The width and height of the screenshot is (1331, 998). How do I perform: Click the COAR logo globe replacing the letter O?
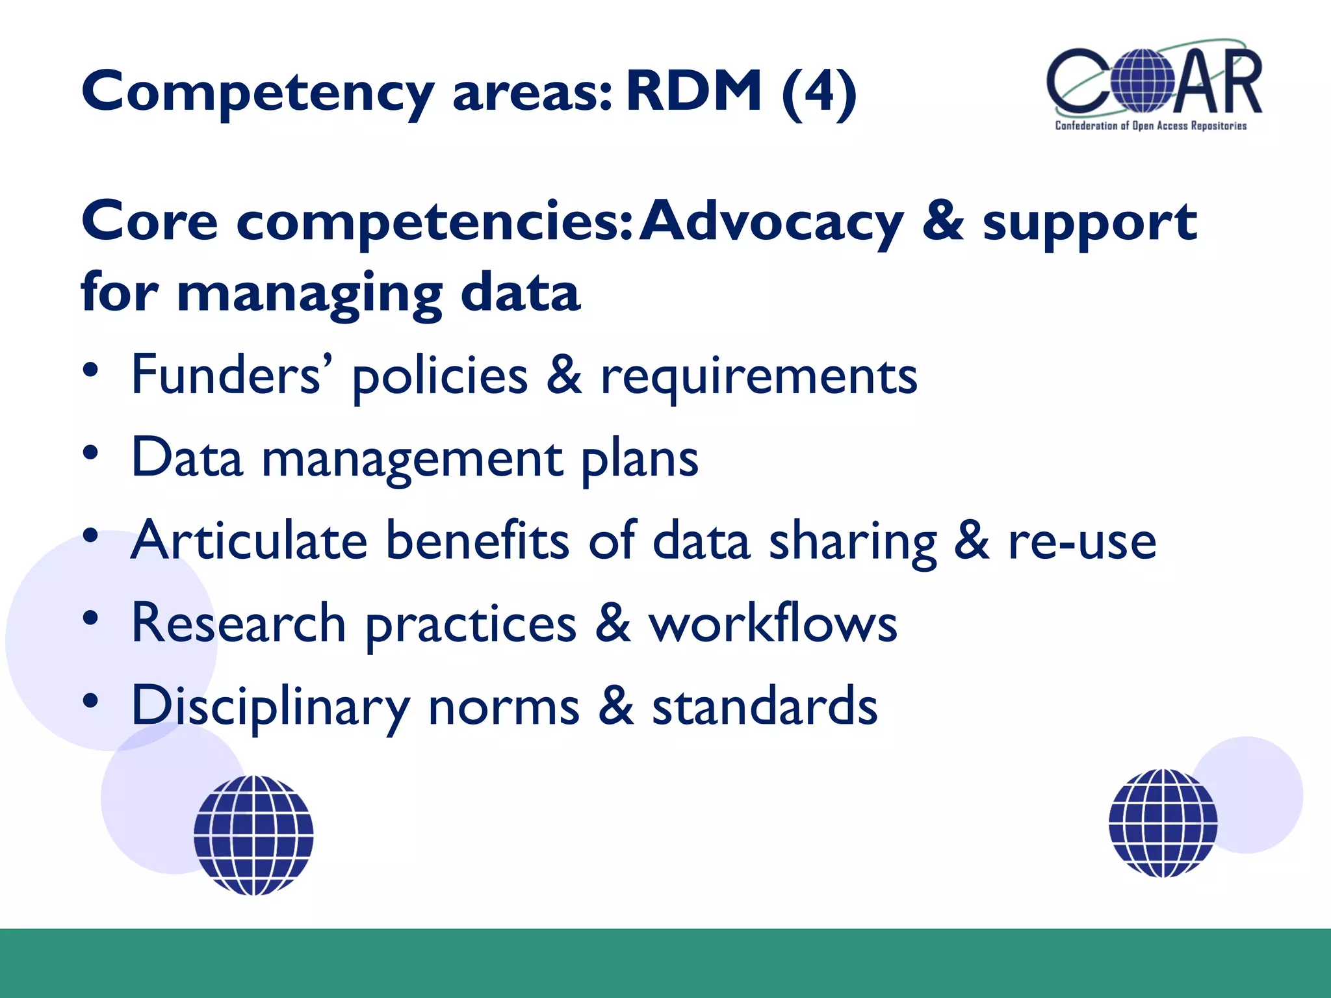pyautogui.click(x=1142, y=81)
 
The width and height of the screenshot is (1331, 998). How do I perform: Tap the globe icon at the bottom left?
pyautogui.click(x=253, y=835)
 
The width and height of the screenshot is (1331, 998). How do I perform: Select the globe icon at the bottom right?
pyautogui.click(x=1163, y=823)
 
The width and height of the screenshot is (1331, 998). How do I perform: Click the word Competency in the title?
pyautogui.click(x=257, y=93)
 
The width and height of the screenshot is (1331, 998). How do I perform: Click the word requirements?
pyautogui.click(x=758, y=378)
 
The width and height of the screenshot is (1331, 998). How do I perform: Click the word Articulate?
pyautogui.click(x=249, y=541)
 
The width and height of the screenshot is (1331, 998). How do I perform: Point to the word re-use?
pyautogui.click(x=1082, y=542)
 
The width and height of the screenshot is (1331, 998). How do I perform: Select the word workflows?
pyautogui.click(x=773, y=623)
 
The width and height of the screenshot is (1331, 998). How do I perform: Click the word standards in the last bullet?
pyautogui.click(x=765, y=706)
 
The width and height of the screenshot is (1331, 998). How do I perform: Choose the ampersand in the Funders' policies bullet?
pyautogui.click(x=563, y=376)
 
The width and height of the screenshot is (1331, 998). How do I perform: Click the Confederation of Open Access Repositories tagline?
pyautogui.click(x=1150, y=126)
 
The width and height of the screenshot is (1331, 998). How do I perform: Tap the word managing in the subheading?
pyautogui.click(x=309, y=294)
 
